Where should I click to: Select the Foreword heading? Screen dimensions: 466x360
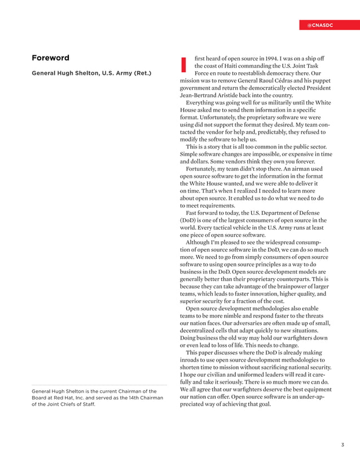pyautogui.click(x=50, y=58)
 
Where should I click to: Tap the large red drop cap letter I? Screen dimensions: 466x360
pyautogui.click(x=183, y=65)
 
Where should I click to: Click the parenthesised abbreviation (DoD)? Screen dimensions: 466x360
pyautogui.click(x=190, y=220)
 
